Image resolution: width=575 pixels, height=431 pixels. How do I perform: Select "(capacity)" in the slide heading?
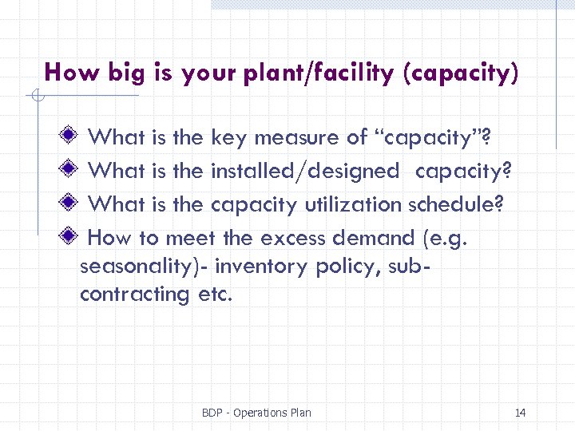pos(461,74)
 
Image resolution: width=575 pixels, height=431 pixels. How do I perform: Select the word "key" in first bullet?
pos(228,137)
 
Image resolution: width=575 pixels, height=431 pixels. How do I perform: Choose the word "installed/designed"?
pos(304,171)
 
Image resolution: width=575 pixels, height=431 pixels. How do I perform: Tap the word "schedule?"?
pos(455,204)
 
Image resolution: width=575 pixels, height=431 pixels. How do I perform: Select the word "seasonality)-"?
pos(144,267)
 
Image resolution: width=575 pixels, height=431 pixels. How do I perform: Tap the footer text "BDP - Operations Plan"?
pos(256,413)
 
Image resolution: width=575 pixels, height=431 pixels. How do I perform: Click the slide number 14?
pos(521,413)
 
